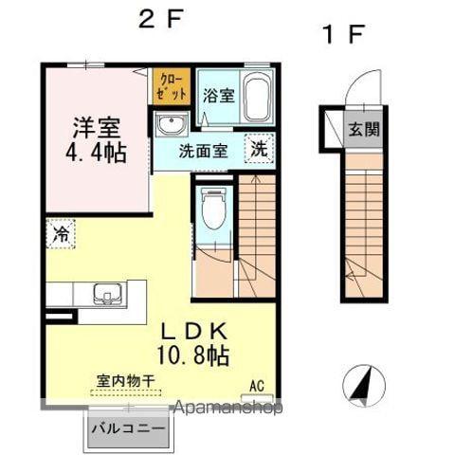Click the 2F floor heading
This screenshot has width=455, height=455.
(161, 19)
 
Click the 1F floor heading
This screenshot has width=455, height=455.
(344, 34)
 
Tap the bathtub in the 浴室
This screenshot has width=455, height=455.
(256, 99)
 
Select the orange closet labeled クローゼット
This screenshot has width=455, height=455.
(172, 86)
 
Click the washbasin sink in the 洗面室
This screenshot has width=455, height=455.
(172, 124)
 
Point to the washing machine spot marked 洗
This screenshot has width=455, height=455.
(259, 148)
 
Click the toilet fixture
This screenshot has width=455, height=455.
(213, 209)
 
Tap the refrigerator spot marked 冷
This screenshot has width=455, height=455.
(61, 234)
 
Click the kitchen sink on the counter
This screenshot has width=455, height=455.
(107, 294)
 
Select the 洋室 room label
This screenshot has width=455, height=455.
(97, 128)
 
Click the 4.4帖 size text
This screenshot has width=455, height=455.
(97, 154)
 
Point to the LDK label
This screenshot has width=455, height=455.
(194, 332)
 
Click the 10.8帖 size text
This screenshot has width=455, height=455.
(192, 355)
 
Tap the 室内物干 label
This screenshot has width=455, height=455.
(125, 381)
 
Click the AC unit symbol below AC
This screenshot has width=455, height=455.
(257, 398)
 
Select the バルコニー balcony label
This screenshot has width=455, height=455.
(128, 429)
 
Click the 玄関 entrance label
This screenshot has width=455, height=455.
(364, 129)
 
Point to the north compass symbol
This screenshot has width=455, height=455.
(364, 386)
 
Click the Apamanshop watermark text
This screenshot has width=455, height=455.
(228, 408)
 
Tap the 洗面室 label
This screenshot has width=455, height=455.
(203, 152)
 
